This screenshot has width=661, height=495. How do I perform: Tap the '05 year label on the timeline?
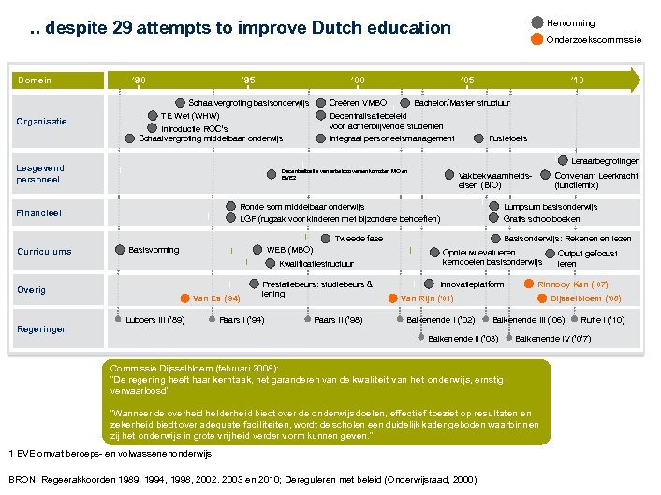tap(467, 80)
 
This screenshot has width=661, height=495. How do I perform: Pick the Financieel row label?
tap(38, 213)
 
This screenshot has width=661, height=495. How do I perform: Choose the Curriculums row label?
tap(44, 251)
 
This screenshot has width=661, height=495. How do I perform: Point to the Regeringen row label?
tap(42, 328)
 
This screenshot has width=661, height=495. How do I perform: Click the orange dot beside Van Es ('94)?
tap(185, 299)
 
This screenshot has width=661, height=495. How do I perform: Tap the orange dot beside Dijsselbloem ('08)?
tap(542, 298)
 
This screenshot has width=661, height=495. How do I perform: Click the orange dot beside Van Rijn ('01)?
tap(392, 298)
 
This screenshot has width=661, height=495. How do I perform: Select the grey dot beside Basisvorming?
tap(119, 250)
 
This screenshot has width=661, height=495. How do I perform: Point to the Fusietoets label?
tap(508, 138)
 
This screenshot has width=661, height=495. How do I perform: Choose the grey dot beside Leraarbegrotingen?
tap(563, 160)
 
